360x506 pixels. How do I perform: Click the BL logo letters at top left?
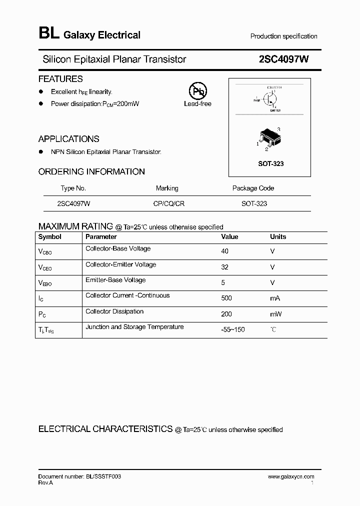click(49, 33)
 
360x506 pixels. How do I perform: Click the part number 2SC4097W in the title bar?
click(283, 59)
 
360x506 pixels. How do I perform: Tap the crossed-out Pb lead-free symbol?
click(197, 92)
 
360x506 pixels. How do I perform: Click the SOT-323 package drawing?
click(269, 139)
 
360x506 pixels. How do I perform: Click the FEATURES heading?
click(60, 79)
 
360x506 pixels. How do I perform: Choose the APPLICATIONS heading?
click(69, 139)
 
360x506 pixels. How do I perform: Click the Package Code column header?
click(253, 188)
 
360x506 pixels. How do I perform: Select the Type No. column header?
click(73, 188)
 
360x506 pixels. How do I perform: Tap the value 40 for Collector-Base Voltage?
click(224, 251)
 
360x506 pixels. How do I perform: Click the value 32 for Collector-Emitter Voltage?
click(224, 267)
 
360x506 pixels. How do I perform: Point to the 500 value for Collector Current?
click(226, 298)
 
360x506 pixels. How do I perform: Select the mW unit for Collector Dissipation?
click(276, 314)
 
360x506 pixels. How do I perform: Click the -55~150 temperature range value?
click(232, 330)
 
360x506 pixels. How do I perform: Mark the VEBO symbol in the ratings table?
click(45, 283)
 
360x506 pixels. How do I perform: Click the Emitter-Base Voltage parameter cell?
click(115, 280)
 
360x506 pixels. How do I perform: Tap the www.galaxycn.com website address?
click(291, 477)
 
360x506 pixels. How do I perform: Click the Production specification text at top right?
click(283, 36)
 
